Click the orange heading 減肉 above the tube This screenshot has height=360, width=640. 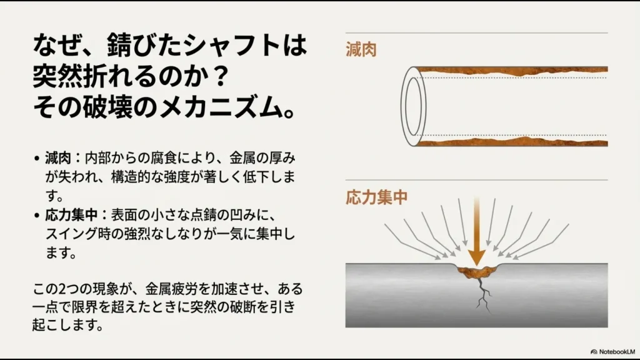(361, 51)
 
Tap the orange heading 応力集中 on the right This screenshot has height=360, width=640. (376, 197)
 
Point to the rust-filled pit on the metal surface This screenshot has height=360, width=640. (477, 271)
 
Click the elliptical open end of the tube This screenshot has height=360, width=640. (411, 106)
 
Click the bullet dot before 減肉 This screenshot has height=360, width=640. (37, 156)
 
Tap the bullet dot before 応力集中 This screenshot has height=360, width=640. (37, 215)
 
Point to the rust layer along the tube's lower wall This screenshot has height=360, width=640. (512, 141)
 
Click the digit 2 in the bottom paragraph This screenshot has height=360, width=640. (61, 289)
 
